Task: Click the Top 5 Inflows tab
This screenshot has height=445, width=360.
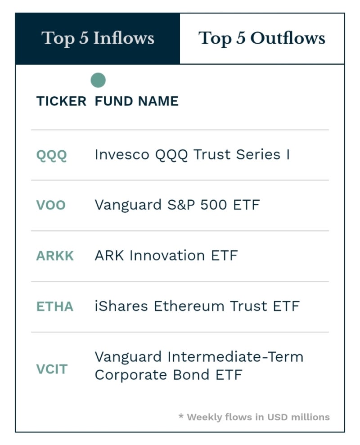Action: (98, 39)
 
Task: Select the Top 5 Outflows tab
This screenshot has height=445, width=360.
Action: (262, 39)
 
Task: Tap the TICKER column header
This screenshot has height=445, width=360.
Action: (61, 101)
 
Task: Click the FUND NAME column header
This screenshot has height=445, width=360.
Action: (136, 101)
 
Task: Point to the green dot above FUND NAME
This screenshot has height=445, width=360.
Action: (98, 81)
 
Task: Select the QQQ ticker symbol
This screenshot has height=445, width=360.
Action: (51, 155)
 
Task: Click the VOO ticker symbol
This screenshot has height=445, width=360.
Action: (51, 206)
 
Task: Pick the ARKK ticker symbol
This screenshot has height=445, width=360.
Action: (55, 256)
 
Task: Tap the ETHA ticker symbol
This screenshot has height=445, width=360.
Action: (54, 307)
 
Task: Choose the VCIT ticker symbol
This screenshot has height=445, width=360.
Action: (52, 369)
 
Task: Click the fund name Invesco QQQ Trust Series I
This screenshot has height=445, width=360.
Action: (192, 155)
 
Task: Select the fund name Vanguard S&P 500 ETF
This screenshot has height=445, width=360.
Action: (177, 205)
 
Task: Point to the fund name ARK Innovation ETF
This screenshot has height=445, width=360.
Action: (166, 256)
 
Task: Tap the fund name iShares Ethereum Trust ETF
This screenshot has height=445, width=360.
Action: (197, 306)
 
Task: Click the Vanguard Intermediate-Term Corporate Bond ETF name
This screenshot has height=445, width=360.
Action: (198, 366)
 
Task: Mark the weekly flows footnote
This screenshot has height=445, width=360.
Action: (254, 417)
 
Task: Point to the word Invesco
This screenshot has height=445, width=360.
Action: (121, 155)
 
